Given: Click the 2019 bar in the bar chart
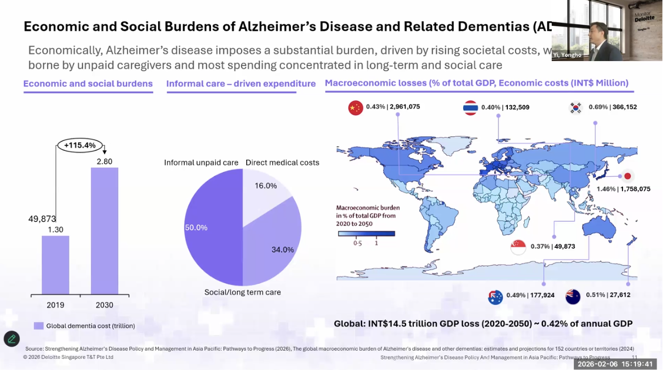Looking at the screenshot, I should (x=55, y=265).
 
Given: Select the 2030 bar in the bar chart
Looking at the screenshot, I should (x=105, y=231).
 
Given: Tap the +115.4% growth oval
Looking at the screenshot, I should (x=80, y=144).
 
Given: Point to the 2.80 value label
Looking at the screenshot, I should (x=104, y=162).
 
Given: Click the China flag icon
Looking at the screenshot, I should (x=356, y=108).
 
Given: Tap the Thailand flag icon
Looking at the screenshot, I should (x=470, y=108).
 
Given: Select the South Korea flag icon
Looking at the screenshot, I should (x=575, y=107).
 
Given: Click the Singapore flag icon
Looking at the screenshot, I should (x=518, y=247).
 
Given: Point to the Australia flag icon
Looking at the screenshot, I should (x=495, y=297).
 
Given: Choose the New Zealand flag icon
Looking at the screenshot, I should (x=572, y=297).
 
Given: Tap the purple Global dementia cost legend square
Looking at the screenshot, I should (x=39, y=326).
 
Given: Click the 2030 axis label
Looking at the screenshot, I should (x=104, y=305).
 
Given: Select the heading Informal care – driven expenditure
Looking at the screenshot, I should (x=241, y=84).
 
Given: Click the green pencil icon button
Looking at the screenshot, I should (x=12, y=339).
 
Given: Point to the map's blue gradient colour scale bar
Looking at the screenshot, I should (x=366, y=234).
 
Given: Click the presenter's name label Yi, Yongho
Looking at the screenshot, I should (x=567, y=55).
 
